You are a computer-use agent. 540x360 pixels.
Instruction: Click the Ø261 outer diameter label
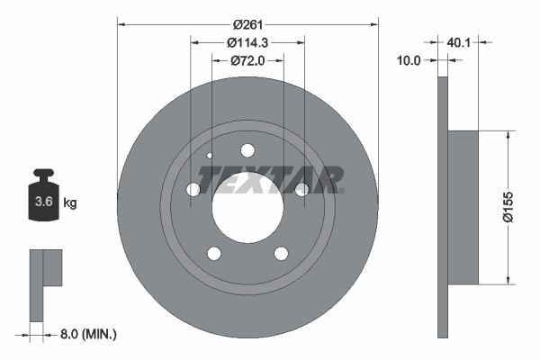pyautogui.click(x=247, y=25)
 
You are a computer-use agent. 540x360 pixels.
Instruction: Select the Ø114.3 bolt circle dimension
pyautogui.click(x=247, y=42)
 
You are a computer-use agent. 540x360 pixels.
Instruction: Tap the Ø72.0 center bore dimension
pyautogui.click(x=248, y=60)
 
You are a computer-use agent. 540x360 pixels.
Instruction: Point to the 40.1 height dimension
pyautogui.click(x=459, y=41)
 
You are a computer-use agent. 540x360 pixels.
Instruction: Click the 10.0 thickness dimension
pyautogui.click(x=409, y=60)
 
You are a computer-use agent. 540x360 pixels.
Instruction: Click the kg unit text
pyautogui.click(x=70, y=203)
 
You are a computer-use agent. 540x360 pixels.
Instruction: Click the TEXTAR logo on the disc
pyautogui.click(x=270, y=180)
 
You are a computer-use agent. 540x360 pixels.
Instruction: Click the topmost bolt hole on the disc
pyautogui.click(x=247, y=150)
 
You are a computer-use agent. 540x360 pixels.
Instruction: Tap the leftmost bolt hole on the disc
pyautogui.click(x=193, y=189)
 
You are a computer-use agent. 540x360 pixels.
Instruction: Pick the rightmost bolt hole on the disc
pyautogui.click(x=302, y=189)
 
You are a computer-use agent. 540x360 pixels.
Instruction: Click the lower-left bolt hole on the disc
pyautogui.click(x=214, y=253)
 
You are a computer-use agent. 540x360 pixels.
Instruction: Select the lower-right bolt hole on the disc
pyautogui.click(x=281, y=253)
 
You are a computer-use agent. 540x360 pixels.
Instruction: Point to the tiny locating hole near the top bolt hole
pyautogui.click(x=210, y=155)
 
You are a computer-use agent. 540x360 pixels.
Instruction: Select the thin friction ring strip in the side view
pyautogui.click(x=442, y=207)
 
